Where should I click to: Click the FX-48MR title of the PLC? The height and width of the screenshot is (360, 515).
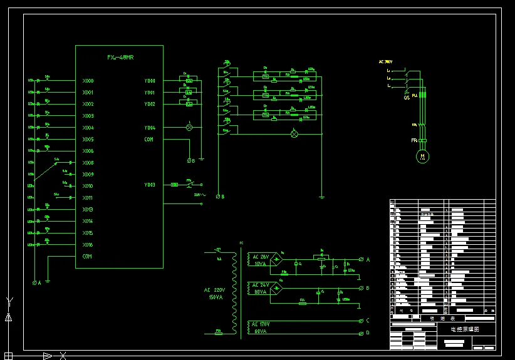click(120, 58)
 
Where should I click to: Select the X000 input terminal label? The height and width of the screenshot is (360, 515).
click(88, 81)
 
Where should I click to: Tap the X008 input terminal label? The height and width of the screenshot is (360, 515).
click(88, 163)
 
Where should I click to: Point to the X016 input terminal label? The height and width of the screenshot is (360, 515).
click(88, 245)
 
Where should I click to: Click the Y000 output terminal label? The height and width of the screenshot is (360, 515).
click(149, 81)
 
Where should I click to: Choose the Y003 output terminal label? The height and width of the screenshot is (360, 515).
click(149, 185)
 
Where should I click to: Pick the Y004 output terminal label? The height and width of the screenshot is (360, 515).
click(149, 128)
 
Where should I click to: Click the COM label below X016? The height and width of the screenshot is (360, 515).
click(87, 257)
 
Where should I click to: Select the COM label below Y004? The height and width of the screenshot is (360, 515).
click(148, 140)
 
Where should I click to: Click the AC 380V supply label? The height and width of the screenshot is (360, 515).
click(385, 62)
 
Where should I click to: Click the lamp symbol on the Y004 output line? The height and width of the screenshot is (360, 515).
click(189, 127)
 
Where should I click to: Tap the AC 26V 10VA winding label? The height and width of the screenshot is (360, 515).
click(261, 260)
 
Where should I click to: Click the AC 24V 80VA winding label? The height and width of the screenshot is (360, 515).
click(261, 288)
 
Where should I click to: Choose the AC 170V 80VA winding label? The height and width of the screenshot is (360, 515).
click(261, 327)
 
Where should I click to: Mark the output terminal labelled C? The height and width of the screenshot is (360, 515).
click(368, 321)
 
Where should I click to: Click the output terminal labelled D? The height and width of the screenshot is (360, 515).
click(368, 332)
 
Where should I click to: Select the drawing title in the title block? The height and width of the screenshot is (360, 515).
click(464, 329)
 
